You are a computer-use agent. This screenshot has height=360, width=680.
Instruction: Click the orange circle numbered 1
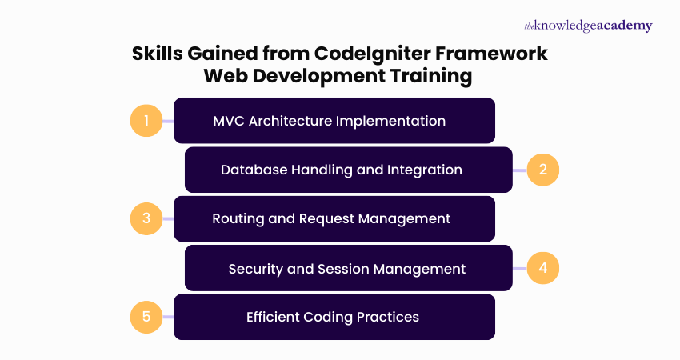point(146,122)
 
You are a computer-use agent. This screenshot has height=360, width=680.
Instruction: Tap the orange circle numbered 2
point(542,170)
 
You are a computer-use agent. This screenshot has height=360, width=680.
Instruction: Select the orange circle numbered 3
point(146,218)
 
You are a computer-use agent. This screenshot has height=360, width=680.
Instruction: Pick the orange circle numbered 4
point(542,267)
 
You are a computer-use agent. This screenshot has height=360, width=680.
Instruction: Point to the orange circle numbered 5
point(146,316)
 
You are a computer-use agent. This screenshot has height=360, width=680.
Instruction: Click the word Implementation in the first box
point(391,122)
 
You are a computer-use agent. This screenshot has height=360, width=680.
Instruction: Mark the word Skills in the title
point(158,54)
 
